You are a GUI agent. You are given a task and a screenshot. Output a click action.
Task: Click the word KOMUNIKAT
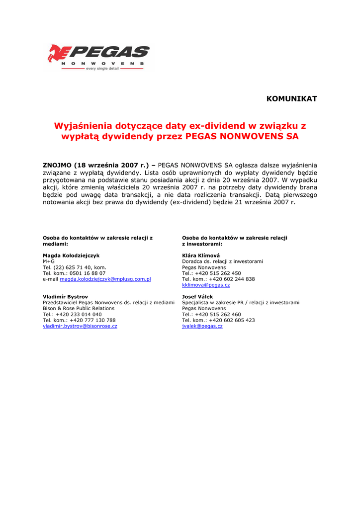point(291,99)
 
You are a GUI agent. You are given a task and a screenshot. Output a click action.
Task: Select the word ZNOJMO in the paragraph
point(57,165)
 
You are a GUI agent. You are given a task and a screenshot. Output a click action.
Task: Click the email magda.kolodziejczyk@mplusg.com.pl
point(105,279)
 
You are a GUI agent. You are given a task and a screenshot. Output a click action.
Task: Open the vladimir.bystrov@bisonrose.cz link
point(80,327)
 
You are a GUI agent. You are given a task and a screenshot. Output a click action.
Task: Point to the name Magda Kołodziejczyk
point(71,255)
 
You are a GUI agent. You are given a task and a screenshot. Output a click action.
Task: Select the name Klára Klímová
point(201,255)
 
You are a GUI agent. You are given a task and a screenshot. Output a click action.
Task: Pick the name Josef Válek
point(197,297)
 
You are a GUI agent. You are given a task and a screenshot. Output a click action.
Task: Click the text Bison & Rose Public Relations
point(79,309)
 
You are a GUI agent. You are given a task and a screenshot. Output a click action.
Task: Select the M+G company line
point(49,261)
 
